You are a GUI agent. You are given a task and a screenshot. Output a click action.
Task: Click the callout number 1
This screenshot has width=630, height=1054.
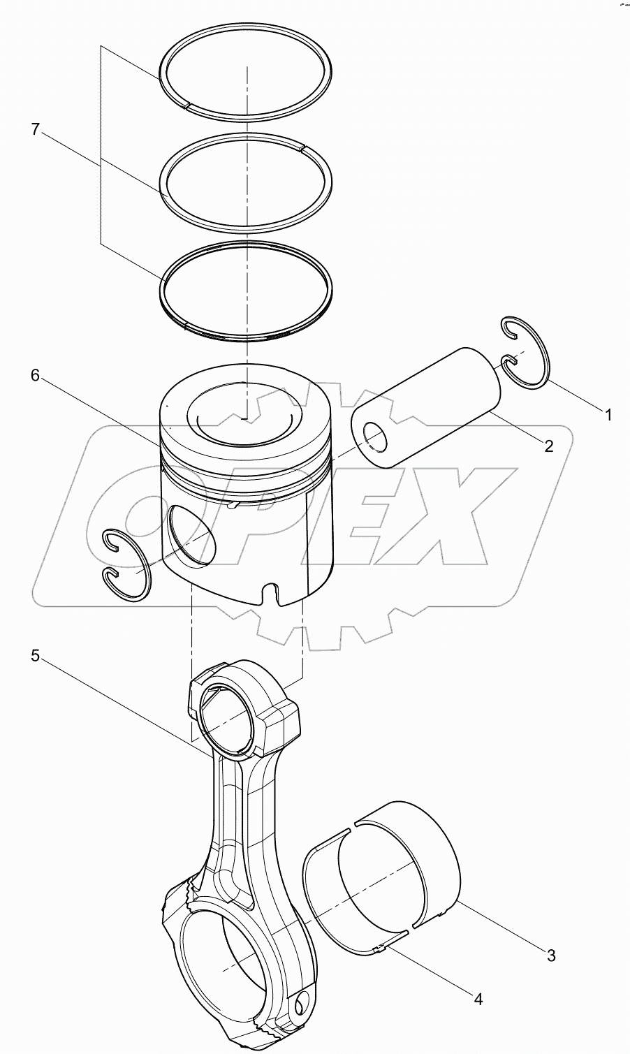(608, 415)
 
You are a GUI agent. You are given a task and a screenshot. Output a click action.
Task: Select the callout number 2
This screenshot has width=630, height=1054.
(548, 446)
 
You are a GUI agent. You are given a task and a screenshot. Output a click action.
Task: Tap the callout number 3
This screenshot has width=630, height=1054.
(551, 955)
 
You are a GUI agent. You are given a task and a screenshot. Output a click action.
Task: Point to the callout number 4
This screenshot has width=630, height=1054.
(477, 999)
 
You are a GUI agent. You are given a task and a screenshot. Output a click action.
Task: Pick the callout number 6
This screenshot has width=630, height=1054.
(35, 375)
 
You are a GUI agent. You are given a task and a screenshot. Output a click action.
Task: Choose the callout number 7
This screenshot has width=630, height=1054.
(35, 129)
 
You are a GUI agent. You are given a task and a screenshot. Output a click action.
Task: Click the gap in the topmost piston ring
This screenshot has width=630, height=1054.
(188, 105)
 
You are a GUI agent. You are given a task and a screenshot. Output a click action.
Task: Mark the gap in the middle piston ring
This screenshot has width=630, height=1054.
(302, 147)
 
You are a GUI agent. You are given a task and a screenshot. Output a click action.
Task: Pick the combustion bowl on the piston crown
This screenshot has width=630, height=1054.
(243, 418)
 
